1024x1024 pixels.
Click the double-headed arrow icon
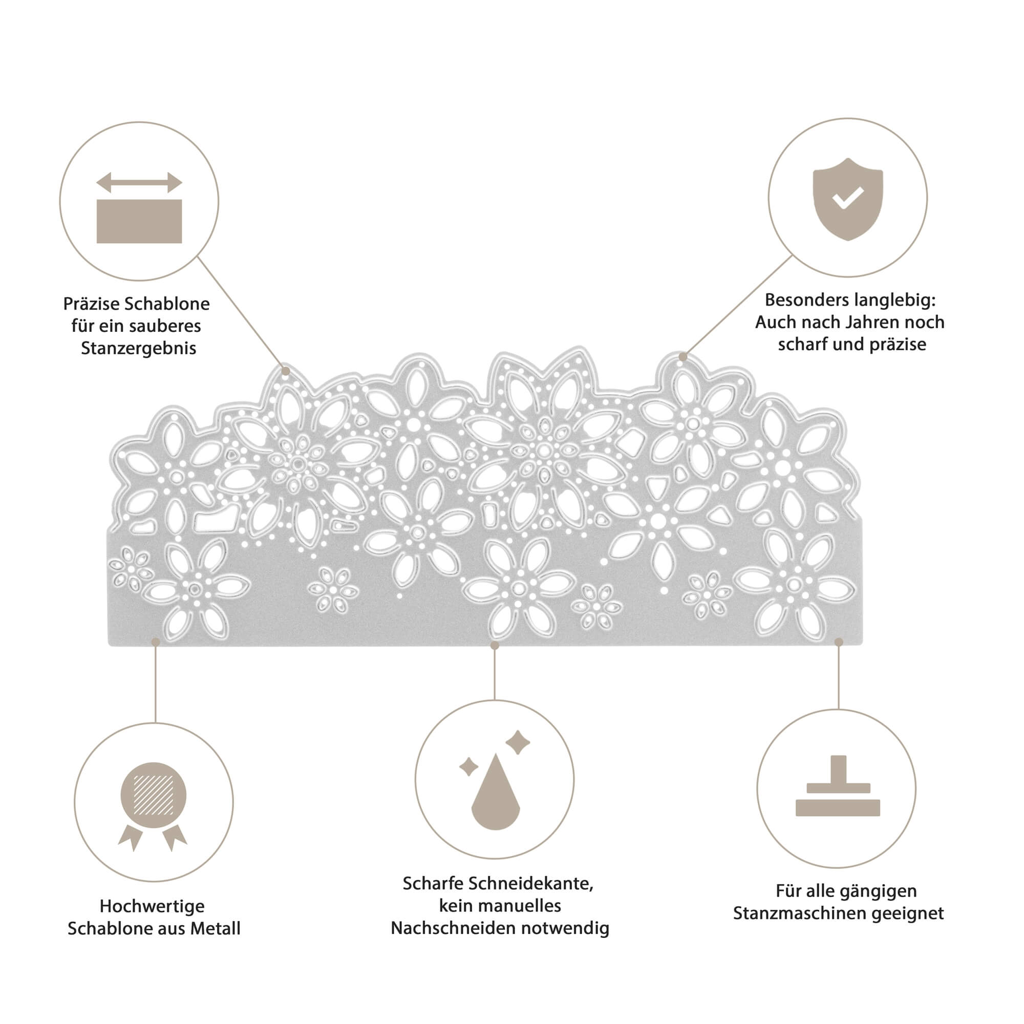tap(139, 182)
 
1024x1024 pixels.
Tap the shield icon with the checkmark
tap(848, 199)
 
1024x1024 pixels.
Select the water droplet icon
tap(496, 792)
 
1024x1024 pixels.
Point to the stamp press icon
tap(838, 785)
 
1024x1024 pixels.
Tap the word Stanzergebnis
tap(138, 348)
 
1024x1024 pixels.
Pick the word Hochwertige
tap(152, 906)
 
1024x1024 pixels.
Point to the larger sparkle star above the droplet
tap(517, 742)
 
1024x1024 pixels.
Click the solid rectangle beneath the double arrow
tap(139, 221)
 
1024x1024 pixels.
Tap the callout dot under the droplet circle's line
tap(495, 645)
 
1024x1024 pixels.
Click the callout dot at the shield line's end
tap(683, 357)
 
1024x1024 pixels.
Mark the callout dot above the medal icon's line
tap(155, 642)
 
